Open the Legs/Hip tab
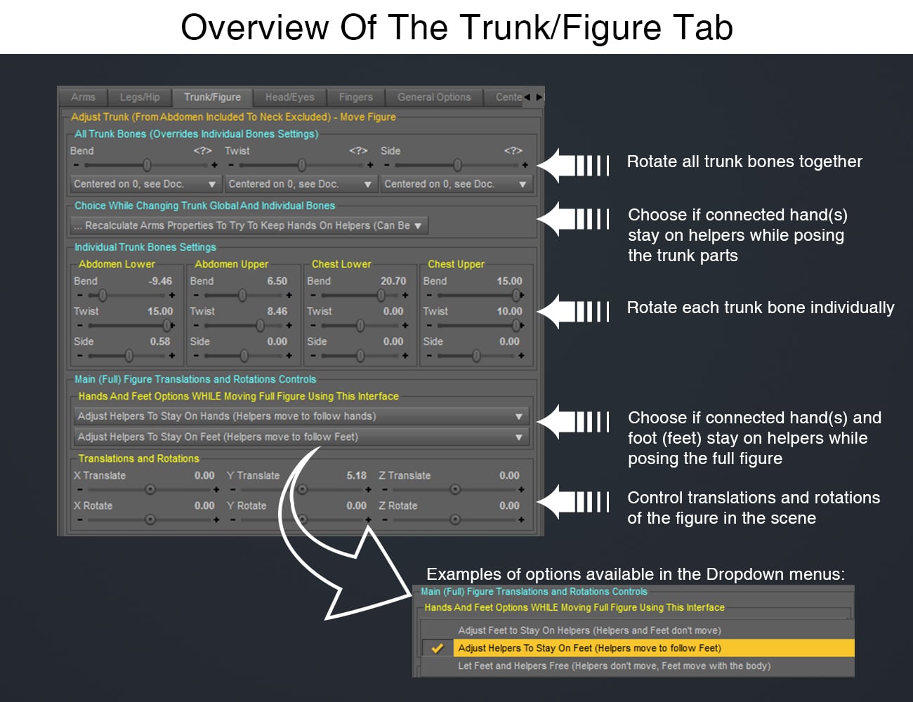(140, 98)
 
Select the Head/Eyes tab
(289, 98)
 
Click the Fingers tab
(356, 98)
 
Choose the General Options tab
(434, 98)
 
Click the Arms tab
(83, 98)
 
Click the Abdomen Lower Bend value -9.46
(160, 281)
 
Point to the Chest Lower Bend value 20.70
(393, 281)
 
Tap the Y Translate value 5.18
(356, 475)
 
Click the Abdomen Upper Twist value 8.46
(277, 311)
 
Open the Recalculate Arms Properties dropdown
(249, 225)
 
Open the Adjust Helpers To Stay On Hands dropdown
(301, 416)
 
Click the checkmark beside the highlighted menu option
(438, 648)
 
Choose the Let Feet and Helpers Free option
(614, 666)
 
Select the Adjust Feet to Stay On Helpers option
(589, 630)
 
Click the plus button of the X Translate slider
(216, 489)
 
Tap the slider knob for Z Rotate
(455, 519)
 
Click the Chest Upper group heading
(456, 264)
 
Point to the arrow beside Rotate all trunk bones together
(573, 165)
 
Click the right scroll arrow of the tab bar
(539, 98)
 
